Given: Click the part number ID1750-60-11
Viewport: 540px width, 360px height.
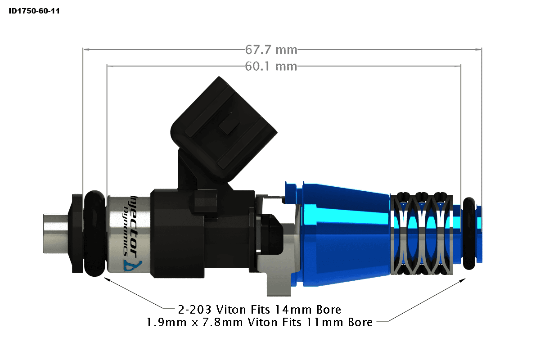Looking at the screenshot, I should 34,10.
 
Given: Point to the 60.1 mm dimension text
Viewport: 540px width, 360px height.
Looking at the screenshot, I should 271,67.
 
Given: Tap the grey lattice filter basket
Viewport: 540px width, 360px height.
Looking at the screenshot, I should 420,234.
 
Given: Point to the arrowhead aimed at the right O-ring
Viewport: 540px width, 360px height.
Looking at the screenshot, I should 463,280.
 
